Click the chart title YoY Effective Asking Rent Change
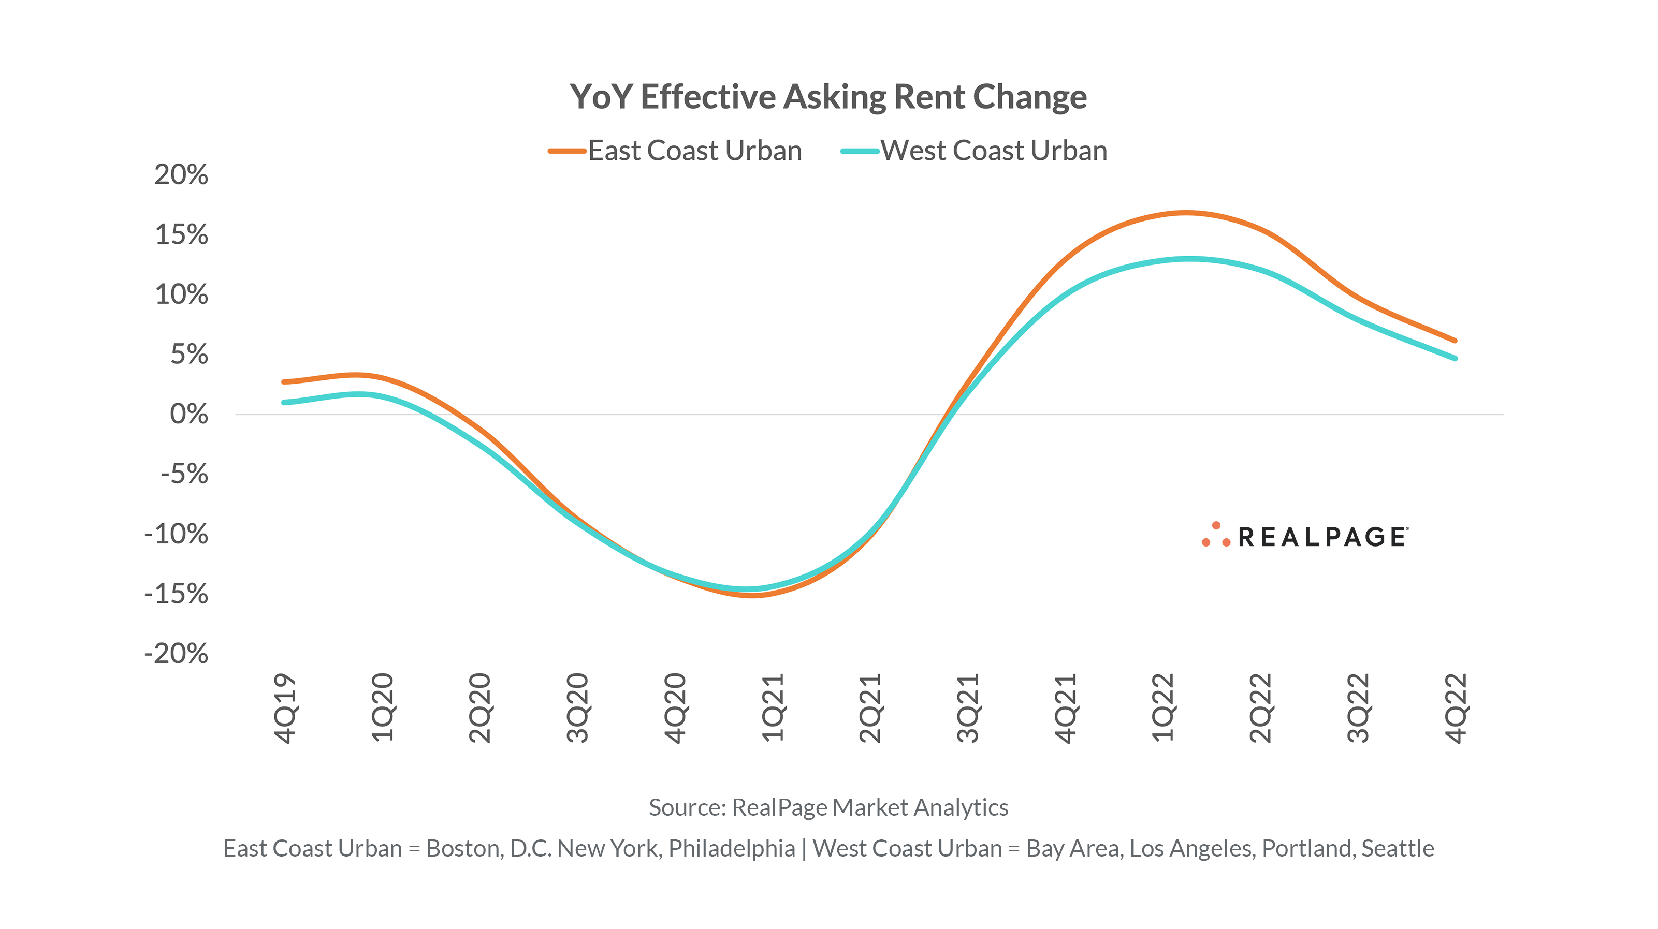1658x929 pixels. click(828, 97)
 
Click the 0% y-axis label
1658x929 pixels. click(188, 415)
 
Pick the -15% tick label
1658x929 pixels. click(177, 594)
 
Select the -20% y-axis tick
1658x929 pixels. click(177, 654)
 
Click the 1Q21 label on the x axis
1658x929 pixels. click(773, 707)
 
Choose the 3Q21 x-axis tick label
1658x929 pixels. click(968, 707)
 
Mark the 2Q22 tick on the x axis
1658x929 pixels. click(1260, 707)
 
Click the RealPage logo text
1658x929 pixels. click(1322, 537)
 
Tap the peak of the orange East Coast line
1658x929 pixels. click(1186, 212)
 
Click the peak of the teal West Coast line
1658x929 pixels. click(1189, 259)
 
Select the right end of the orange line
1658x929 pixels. click(1455, 341)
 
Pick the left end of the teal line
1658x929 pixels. click(284, 403)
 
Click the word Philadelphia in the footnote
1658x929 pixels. click(732, 849)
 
